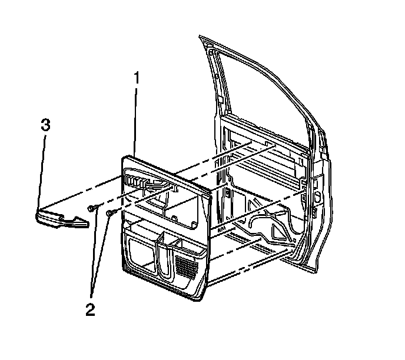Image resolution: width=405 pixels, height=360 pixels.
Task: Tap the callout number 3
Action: [45, 125]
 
